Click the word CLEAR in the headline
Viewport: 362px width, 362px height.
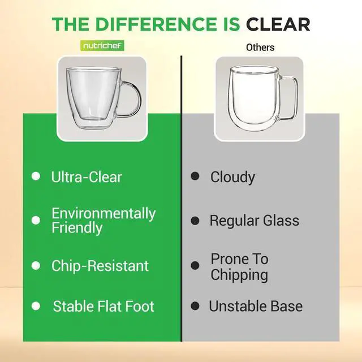pos(278,24)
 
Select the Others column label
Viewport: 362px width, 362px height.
pos(260,47)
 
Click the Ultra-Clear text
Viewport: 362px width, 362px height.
pos(87,177)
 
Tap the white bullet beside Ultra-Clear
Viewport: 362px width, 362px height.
pos(36,176)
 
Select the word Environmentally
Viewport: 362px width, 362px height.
pos(104,213)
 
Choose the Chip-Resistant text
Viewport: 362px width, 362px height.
pos(100,266)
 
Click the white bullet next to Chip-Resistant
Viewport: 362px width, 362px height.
pos(36,265)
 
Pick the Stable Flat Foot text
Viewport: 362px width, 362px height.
pos(104,307)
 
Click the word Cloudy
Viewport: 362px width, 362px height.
pos(232,177)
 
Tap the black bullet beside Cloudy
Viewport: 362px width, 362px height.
pos(195,176)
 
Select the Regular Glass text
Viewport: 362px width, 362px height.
pos(255,221)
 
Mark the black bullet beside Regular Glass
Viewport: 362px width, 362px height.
pos(195,220)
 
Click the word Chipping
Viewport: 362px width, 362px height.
pos(239,275)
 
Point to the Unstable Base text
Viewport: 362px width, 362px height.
pos(256,307)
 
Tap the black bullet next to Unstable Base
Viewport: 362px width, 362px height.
pos(195,306)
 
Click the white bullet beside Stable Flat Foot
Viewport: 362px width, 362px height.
pos(36,306)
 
